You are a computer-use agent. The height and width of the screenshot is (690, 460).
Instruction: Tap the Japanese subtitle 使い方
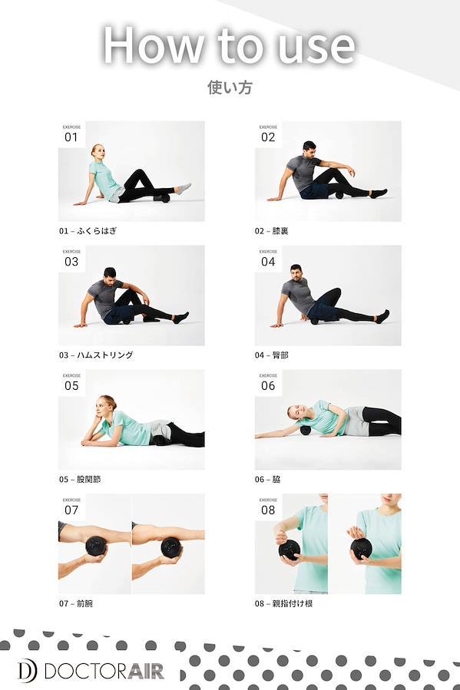pos(230,87)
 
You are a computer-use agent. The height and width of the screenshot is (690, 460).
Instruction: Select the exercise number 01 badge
pos(71,134)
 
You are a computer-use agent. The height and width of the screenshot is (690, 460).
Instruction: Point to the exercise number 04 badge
pos(268,259)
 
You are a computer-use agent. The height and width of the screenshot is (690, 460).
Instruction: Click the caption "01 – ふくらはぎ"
pos(88,230)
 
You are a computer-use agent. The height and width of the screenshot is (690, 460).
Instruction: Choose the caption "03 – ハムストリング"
pos(96,355)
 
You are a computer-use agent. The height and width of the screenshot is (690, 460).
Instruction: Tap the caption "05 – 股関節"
pos(80,479)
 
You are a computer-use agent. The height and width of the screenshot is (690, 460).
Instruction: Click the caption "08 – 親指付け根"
pos(283,603)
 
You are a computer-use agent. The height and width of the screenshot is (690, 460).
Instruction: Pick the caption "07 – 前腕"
pos(76,603)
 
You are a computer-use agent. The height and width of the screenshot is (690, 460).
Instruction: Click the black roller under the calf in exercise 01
pos(161,198)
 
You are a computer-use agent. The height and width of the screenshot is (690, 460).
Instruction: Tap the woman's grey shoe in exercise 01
pos(184,188)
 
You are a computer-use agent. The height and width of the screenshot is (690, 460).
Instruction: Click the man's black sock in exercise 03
pos(181,317)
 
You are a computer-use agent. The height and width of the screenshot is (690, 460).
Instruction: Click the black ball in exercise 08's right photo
pos(361,548)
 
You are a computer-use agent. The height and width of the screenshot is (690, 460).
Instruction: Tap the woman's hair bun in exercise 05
pos(109,401)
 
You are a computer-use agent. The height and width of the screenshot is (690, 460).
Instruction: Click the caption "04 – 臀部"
pos(272,355)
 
